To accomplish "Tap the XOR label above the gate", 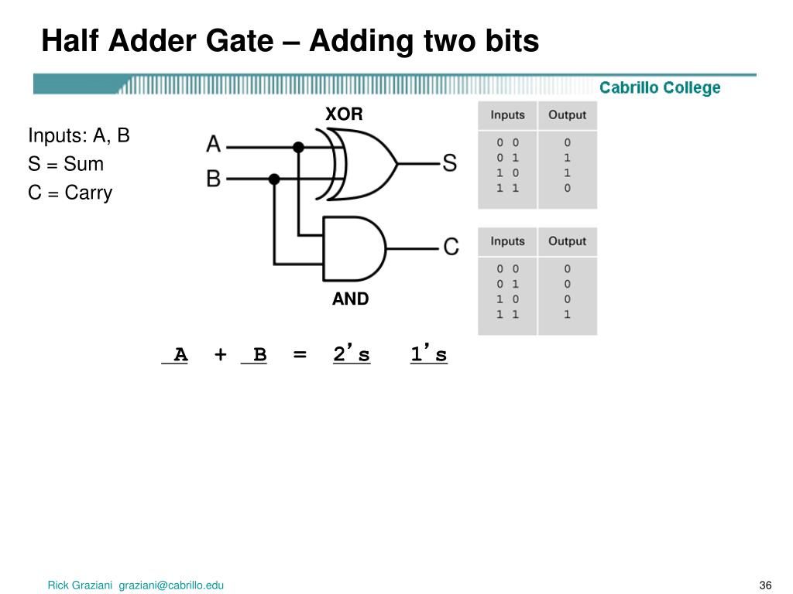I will click(x=344, y=114).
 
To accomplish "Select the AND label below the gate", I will click(x=351, y=299).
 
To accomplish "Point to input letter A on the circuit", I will click(x=214, y=145).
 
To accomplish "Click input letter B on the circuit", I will click(x=214, y=179).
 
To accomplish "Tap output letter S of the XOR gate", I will click(x=449, y=163).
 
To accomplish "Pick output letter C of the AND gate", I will click(x=451, y=247).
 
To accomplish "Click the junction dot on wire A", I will click(x=298, y=146).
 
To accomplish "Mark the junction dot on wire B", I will click(x=273, y=179).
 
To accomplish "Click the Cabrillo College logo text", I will click(x=660, y=88).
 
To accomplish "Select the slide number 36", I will click(x=766, y=585).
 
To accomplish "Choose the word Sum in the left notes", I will click(x=84, y=164).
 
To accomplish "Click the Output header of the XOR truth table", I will click(x=567, y=115).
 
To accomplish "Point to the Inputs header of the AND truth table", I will click(x=507, y=241).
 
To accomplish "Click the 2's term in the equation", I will click(x=352, y=355).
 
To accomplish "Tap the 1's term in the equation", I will click(x=429, y=355).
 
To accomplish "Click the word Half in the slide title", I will click(x=68, y=41).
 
